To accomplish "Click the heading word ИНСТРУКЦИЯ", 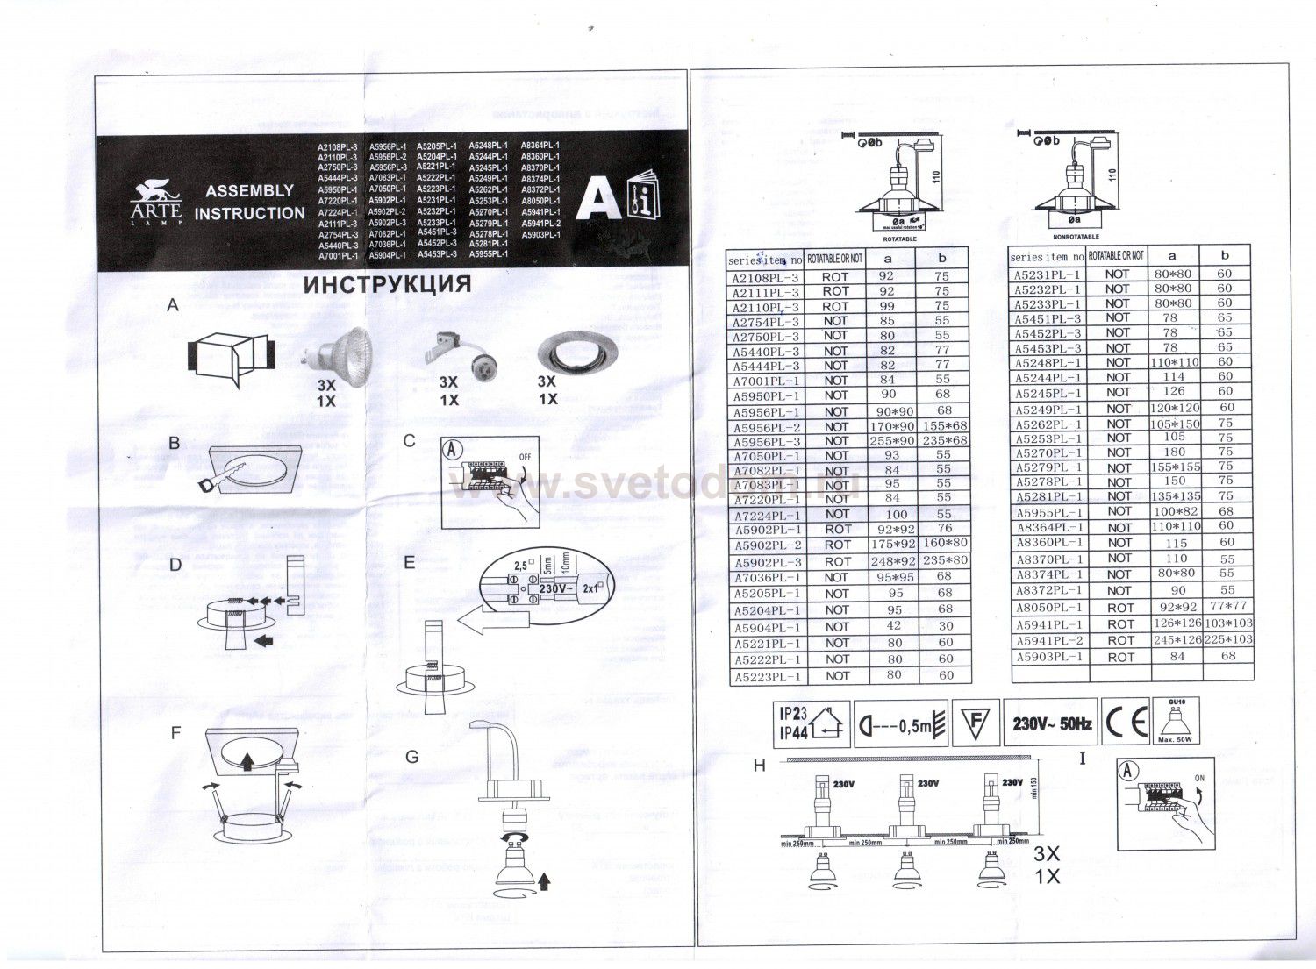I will click(386, 284).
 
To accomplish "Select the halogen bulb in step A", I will click(339, 353).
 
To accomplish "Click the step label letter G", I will click(412, 757).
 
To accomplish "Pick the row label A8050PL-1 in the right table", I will click(1048, 607).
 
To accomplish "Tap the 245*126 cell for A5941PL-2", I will click(1173, 640).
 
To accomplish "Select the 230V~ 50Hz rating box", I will click(1051, 723).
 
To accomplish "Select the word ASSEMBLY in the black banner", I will click(249, 190).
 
